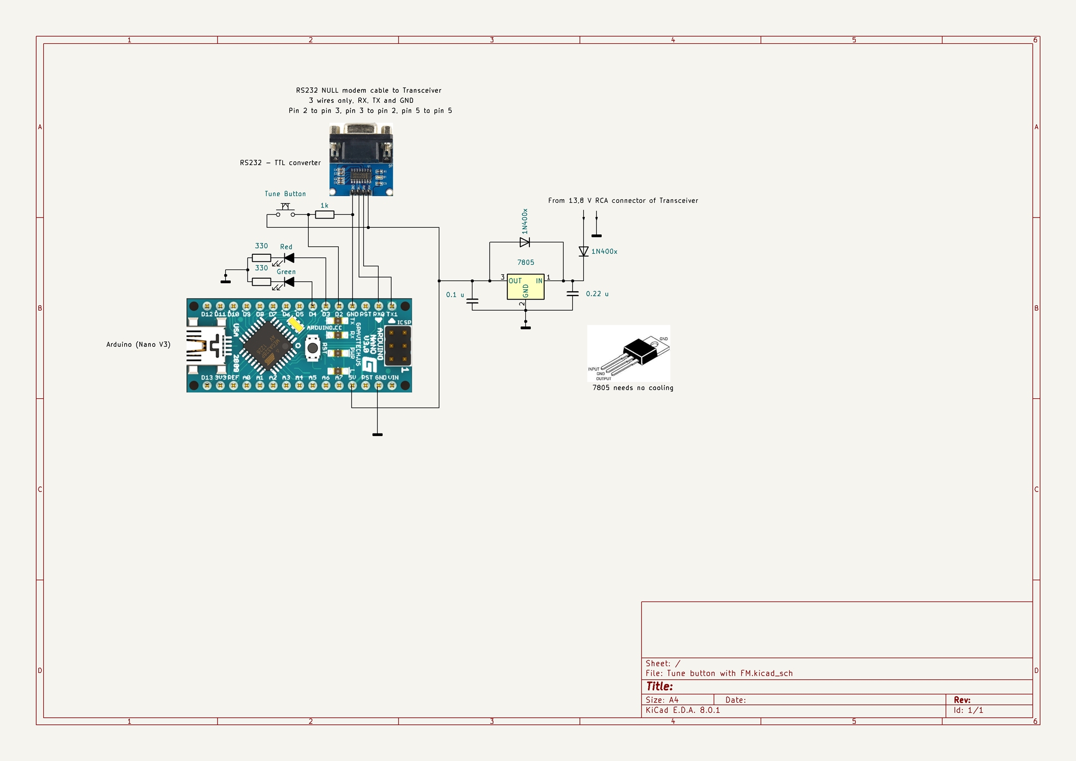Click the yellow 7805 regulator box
coord(525,287)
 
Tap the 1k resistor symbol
coord(325,214)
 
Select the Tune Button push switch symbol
coord(285,211)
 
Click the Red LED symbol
coord(289,258)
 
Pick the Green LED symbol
coord(289,282)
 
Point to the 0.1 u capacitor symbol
coord(472,301)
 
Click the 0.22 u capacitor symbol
coord(573,294)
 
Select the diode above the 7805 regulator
coord(524,242)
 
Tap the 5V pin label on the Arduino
coord(352,377)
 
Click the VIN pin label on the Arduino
coord(393,377)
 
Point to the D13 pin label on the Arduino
coord(207,377)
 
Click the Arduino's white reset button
coord(312,348)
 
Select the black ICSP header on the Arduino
coord(397,346)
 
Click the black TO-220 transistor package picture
coord(641,351)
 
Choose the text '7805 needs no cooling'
coord(632,388)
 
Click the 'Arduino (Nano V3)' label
coord(138,344)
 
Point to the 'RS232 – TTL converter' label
coord(280,163)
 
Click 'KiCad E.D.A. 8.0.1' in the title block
coord(683,710)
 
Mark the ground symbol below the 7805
coord(525,327)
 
